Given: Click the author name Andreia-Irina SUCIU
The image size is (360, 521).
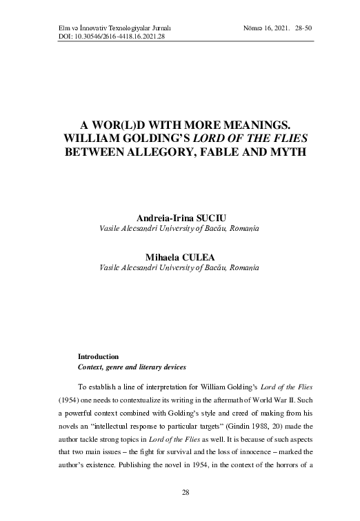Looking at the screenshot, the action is tap(180, 217).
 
